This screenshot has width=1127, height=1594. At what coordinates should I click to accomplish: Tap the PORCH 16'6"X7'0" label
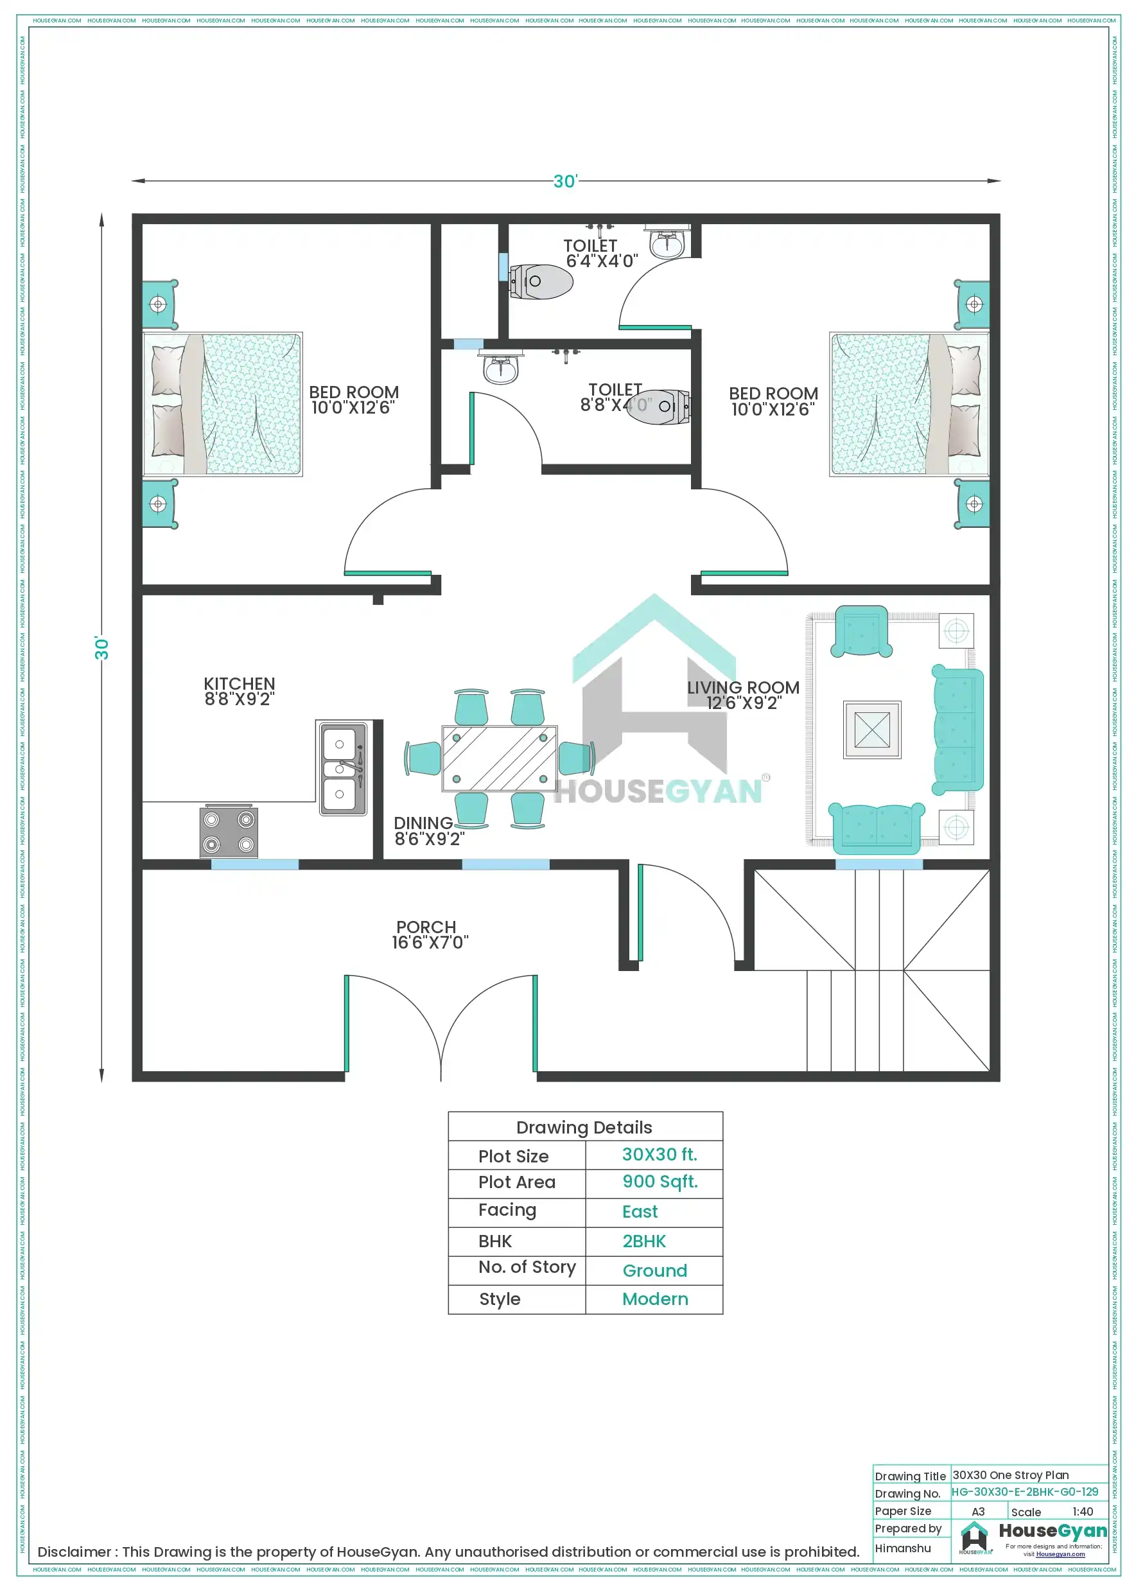click(x=429, y=934)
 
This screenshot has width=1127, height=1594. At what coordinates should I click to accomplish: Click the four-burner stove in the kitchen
click(x=229, y=832)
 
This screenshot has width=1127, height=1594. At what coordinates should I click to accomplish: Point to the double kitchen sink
click(x=342, y=768)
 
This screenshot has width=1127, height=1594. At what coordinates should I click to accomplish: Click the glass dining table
click(x=499, y=758)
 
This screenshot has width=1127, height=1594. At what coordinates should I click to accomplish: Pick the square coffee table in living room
click(x=872, y=730)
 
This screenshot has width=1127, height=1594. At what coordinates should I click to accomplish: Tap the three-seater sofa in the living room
click(x=958, y=730)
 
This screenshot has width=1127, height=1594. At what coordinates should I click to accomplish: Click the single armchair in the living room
click(x=861, y=631)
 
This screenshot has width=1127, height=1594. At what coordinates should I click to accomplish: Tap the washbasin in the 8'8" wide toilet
click(x=501, y=369)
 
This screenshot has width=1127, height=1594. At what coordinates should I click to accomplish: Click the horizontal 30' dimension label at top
click(x=564, y=181)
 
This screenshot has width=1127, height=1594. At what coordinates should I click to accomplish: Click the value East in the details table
click(x=640, y=1211)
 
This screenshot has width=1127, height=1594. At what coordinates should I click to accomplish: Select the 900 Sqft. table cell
click(x=660, y=1182)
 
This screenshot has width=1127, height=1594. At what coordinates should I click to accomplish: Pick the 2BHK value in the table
click(x=643, y=1241)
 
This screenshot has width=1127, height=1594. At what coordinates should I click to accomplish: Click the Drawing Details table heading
click(x=584, y=1128)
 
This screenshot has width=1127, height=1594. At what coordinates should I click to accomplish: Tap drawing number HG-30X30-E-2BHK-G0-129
click(x=1024, y=1491)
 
